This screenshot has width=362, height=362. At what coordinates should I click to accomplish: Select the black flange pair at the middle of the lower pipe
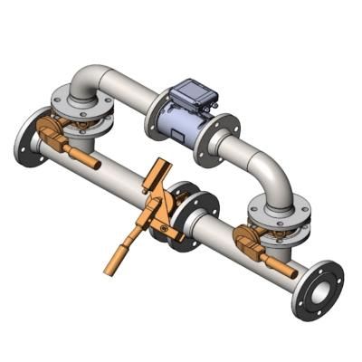point(186,217)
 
